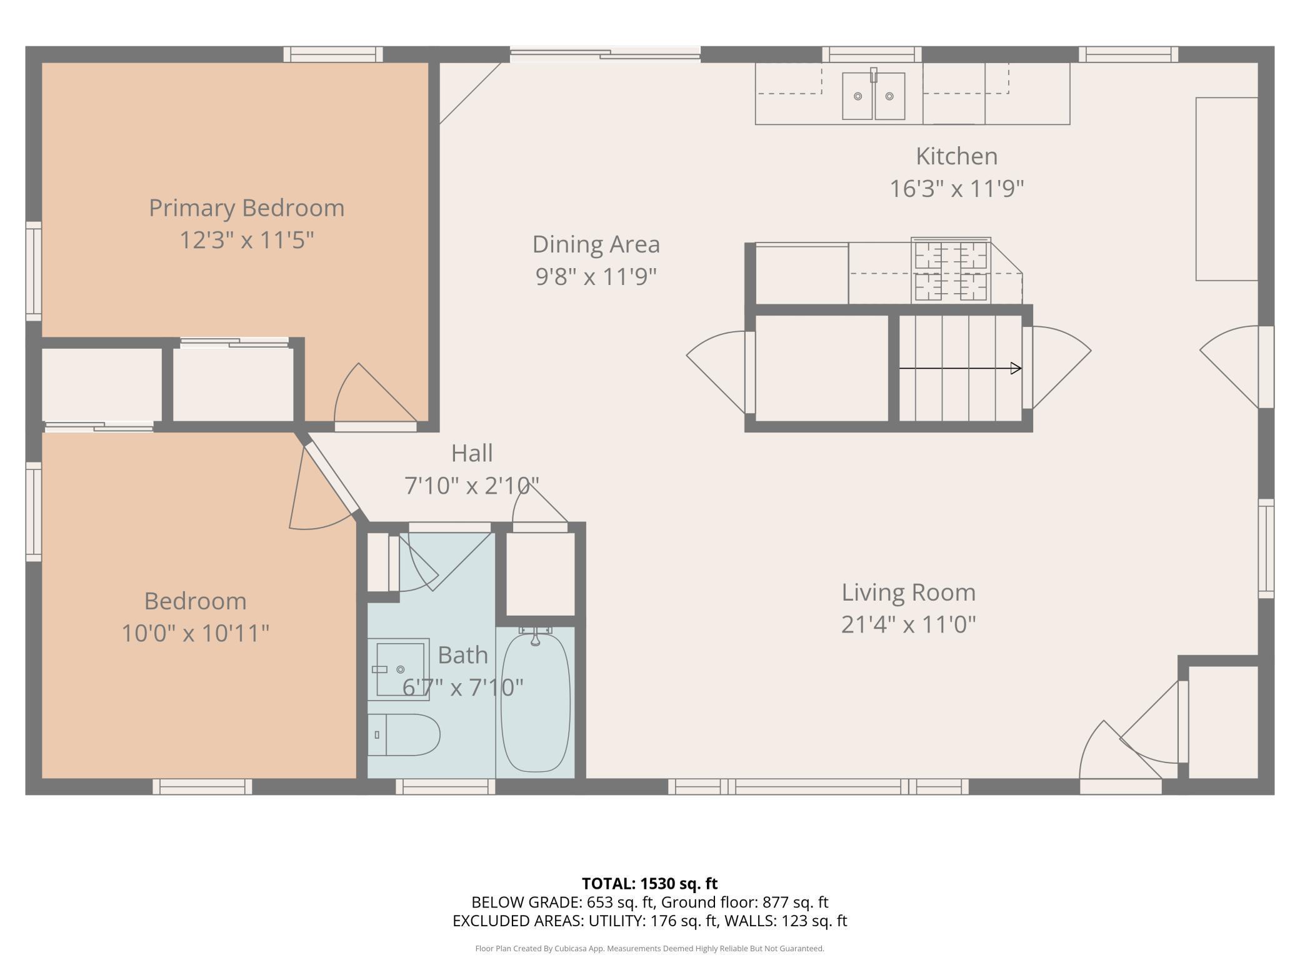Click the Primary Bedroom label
click(246, 207)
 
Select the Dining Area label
click(596, 244)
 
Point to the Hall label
click(472, 453)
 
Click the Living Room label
click(908, 592)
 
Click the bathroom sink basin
click(398, 669)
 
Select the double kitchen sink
click(874, 96)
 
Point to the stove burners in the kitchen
click(951, 271)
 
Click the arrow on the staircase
click(960, 368)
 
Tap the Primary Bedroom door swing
click(375, 394)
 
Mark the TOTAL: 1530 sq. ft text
click(649, 883)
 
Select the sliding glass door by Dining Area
click(605, 54)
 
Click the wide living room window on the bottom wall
click(818, 786)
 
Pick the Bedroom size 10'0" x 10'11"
click(195, 633)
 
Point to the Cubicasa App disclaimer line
click(649, 948)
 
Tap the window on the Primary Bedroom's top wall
click(333, 54)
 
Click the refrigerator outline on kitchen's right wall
click(1227, 189)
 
